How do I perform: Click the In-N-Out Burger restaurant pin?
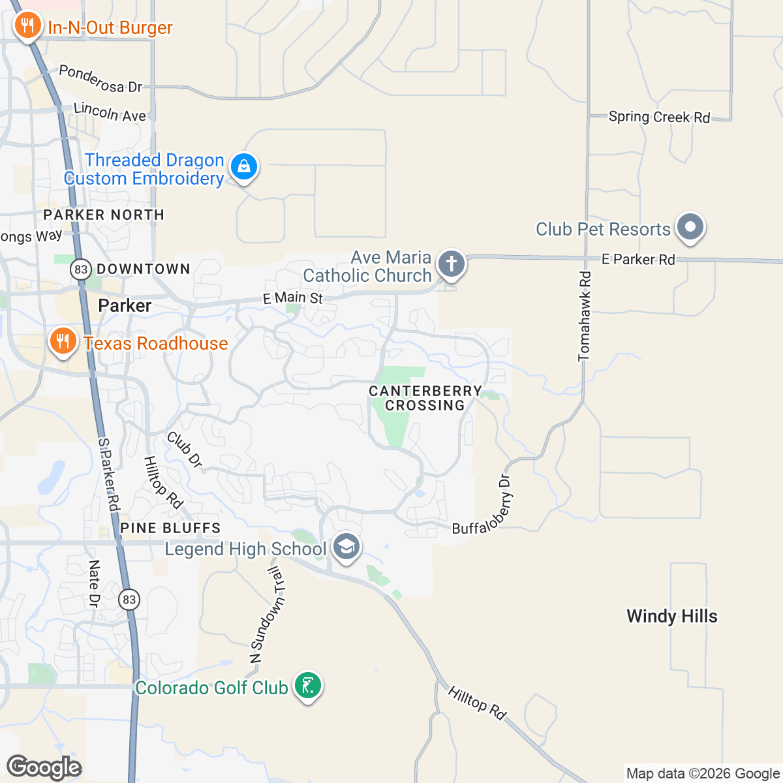[26, 26]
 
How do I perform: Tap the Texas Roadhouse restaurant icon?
[63, 341]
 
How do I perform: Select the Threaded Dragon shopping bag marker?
[244, 166]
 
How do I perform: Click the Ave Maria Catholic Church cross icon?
[451, 264]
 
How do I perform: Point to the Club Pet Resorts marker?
[690, 228]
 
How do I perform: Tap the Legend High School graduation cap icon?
[346, 547]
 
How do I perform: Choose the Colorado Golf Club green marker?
[307, 686]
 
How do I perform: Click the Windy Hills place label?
[671, 616]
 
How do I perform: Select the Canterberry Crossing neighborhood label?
[425, 398]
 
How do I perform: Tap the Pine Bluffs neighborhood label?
[170, 528]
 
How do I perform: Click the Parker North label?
[104, 215]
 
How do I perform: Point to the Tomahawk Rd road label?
[585, 316]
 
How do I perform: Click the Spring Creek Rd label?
[659, 117]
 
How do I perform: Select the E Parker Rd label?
[638, 260]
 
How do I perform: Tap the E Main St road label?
[293, 298]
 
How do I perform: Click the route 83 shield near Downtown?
[81, 269]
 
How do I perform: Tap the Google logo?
[44, 767]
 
